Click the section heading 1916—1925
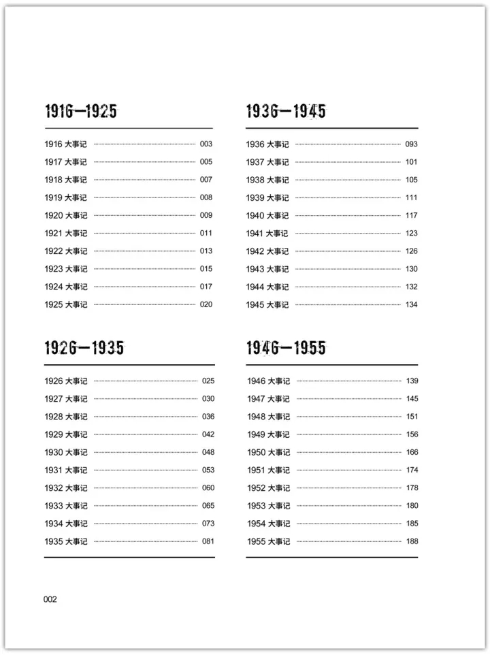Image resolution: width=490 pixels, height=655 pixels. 80,112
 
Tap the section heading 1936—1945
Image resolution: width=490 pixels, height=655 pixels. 286,112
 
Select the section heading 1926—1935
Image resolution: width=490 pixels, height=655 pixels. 84,349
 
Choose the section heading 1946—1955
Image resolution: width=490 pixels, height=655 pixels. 286,349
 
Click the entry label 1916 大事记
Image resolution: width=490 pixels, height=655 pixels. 66,144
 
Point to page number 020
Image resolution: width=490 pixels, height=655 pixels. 206,304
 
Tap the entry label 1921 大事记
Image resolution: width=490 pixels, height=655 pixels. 66,233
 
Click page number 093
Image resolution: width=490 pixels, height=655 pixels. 411,144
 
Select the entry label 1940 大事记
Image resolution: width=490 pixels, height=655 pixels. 267,215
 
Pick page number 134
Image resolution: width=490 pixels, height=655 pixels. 411,304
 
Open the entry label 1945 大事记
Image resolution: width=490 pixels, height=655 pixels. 267,304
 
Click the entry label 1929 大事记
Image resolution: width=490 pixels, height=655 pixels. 66,434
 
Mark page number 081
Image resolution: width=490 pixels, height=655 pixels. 208,541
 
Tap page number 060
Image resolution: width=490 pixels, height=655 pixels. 208,488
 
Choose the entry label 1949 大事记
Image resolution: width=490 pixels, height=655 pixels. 268,434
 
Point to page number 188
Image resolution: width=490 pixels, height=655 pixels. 412,541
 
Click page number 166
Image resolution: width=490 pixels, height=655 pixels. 412,452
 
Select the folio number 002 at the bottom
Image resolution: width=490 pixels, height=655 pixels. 50,599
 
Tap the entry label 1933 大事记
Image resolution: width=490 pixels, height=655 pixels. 66,505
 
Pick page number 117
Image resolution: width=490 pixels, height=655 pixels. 411,215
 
